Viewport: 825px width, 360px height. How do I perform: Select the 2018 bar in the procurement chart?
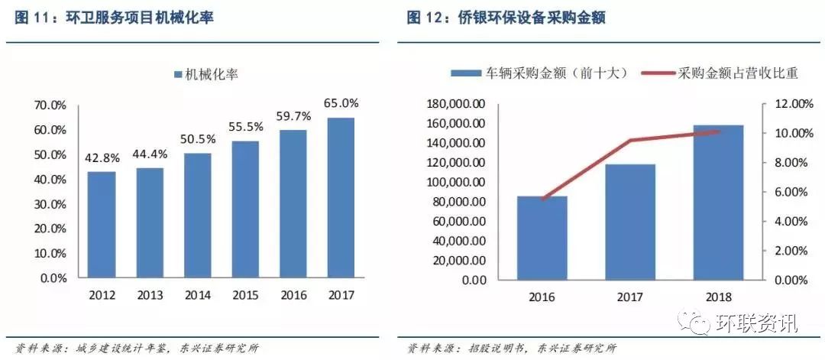click(x=719, y=202)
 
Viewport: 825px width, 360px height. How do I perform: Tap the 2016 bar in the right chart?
click(x=542, y=238)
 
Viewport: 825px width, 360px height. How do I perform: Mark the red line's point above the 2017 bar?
click(x=631, y=140)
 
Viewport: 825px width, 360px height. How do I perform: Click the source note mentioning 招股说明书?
click(x=511, y=349)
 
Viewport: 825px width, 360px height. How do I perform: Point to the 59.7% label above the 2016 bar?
click(x=294, y=117)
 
